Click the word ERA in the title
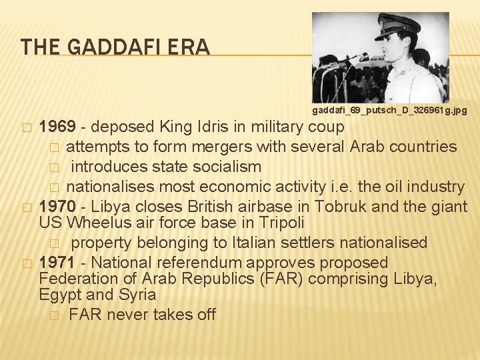[x=191, y=47]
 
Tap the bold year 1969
[x=58, y=127]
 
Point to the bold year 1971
[x=58, y=263]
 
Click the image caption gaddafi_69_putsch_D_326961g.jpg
[x=389, y=109]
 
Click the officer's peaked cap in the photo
[x=397, y=25]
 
